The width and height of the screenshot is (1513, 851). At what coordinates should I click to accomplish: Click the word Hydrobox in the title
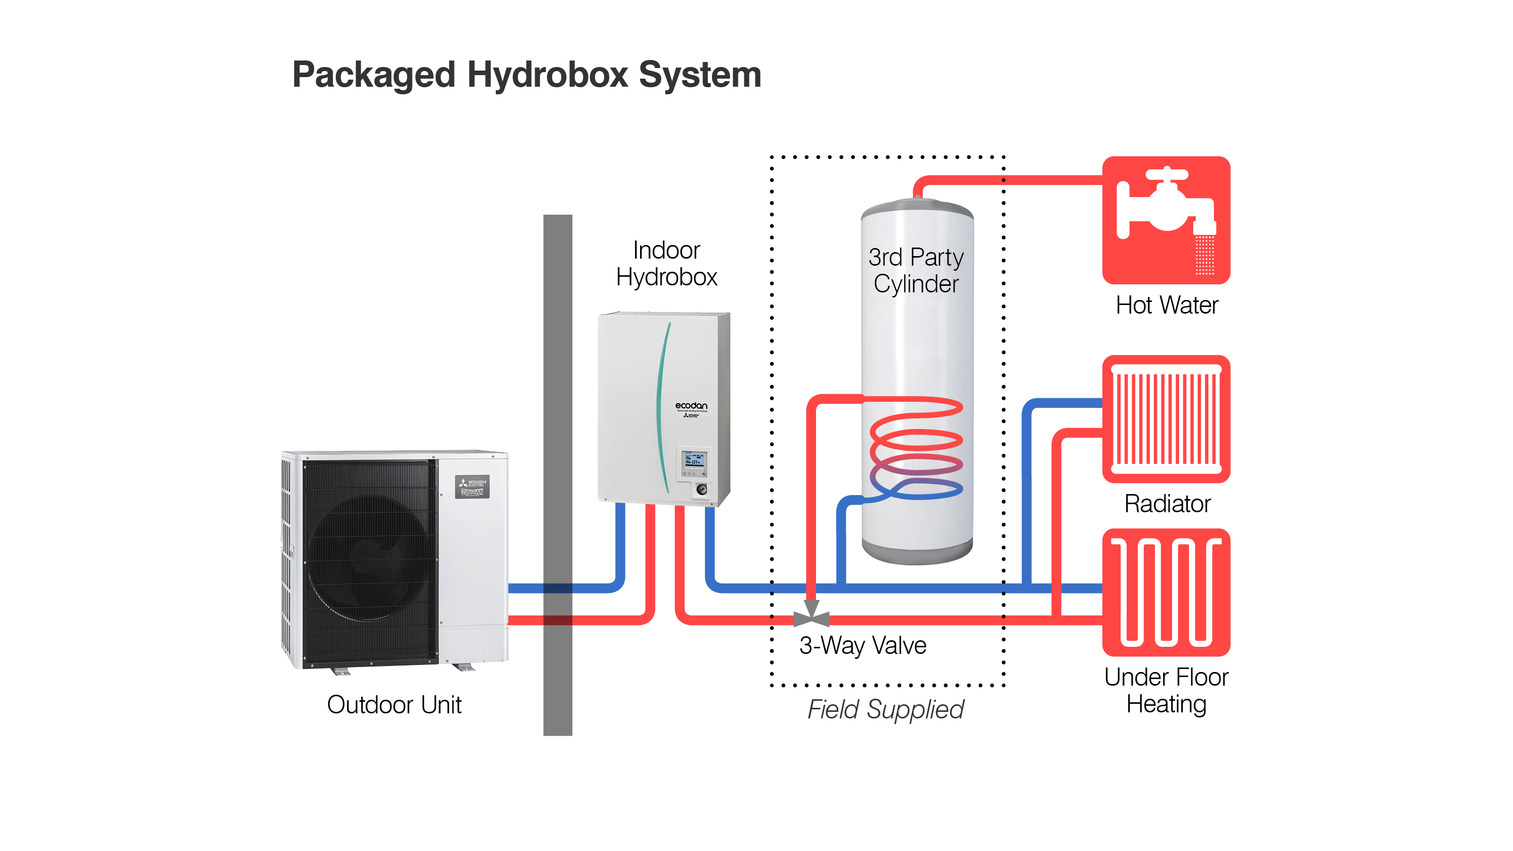(547, 75)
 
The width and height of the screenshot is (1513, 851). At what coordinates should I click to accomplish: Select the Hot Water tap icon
(1166, 220)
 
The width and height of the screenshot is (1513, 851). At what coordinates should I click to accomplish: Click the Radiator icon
(1166, 419)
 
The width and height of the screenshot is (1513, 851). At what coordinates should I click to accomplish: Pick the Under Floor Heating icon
(1166, 592)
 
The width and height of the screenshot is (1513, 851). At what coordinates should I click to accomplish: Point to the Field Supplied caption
(885, 709)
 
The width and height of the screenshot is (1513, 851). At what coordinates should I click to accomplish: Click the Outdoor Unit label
(394, 705)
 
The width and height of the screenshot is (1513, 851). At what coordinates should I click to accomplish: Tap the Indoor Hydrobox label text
(667, 264)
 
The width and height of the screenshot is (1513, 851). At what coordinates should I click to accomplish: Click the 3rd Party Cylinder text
(916, 271)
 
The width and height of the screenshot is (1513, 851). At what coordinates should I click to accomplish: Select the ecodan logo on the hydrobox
(691, 406)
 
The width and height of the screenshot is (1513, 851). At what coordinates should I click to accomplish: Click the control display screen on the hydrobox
(694, 460)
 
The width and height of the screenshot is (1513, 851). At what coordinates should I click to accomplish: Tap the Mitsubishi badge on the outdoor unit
(472, 487)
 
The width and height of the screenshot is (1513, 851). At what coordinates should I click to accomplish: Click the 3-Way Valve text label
(863, 646)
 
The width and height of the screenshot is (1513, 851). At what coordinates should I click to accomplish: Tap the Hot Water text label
(1167, 306)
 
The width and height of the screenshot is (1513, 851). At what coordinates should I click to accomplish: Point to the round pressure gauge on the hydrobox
(702, 489)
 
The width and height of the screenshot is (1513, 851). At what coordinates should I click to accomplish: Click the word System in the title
(700, 75)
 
